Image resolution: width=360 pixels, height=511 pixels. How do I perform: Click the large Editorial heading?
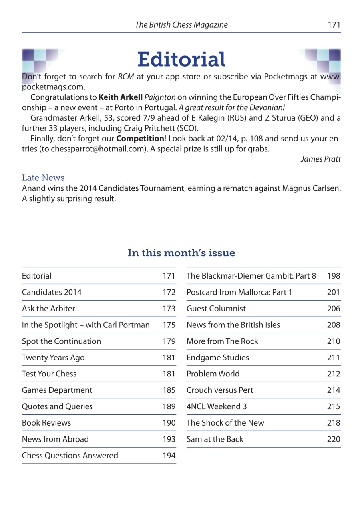(181, 60)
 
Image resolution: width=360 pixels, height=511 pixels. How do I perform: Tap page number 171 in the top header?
(334, 25)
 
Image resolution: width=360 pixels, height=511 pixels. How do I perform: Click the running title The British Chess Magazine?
(181, 25)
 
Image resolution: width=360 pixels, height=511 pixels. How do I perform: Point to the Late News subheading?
(43, 178)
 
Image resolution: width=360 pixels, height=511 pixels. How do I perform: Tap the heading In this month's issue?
(181, 253)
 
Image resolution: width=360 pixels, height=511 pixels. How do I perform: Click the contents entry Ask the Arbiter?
(48, 309)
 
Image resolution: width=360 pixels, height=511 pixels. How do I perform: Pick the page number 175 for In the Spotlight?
(169, 325)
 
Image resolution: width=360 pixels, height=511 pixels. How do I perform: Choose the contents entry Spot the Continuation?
(62, 341)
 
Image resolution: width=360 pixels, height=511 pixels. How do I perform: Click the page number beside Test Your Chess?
(169, 374)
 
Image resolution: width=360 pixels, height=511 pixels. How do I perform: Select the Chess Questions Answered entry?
(70, 456)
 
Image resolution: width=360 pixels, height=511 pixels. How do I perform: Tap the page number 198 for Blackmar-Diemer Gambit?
(334, 276)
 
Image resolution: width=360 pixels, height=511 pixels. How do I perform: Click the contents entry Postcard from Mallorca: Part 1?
(239, 292)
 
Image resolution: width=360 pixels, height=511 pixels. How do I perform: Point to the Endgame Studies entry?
(217, 358)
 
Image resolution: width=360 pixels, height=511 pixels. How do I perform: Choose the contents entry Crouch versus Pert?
(220, 390)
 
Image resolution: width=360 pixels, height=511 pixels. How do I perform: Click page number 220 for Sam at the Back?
(334, 439)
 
